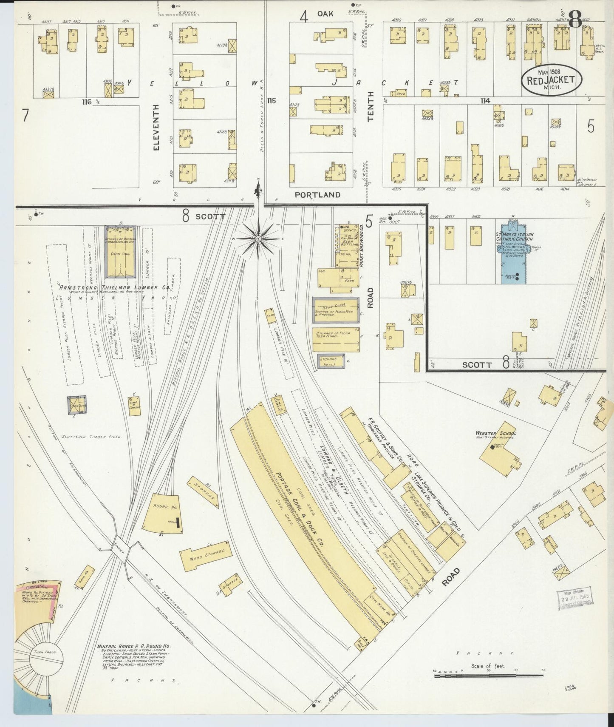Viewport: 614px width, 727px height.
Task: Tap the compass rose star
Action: click(x=257, y=239)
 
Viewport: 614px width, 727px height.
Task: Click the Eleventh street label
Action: click(x=156, y=128)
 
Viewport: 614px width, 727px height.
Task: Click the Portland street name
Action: click(x=318, y=195)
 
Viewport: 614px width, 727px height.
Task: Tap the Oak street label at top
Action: click(x=325, y=14)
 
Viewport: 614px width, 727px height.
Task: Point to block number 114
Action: click(x=485, y=101)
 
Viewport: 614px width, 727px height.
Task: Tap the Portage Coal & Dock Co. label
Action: click(x=300, y=510)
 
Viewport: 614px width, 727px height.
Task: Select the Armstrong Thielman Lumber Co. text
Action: click(x=115, y=288)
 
